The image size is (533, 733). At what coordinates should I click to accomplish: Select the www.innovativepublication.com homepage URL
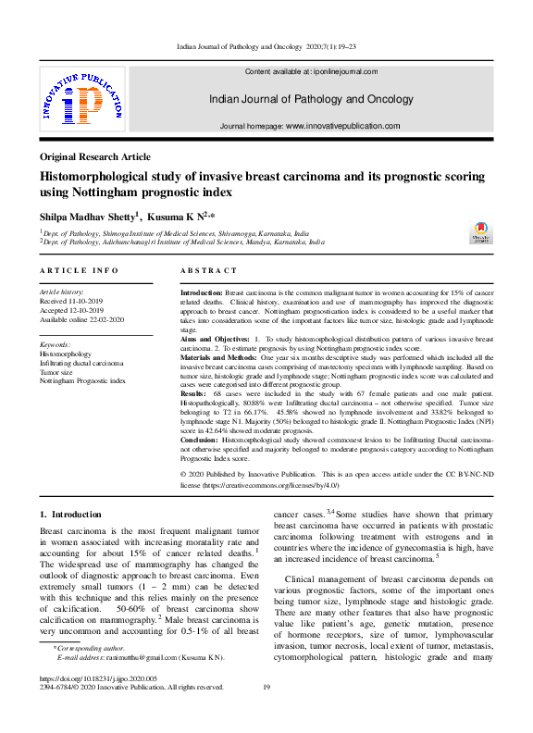[x=342, y=126]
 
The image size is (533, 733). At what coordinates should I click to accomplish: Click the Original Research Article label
[x=96, y=157]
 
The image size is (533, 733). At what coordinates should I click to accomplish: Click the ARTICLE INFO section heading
[x=80, y=270]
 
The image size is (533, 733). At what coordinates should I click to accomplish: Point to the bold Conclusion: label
[x=201, y=440]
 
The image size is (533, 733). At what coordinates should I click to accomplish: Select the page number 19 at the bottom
[x=266, y=688]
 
